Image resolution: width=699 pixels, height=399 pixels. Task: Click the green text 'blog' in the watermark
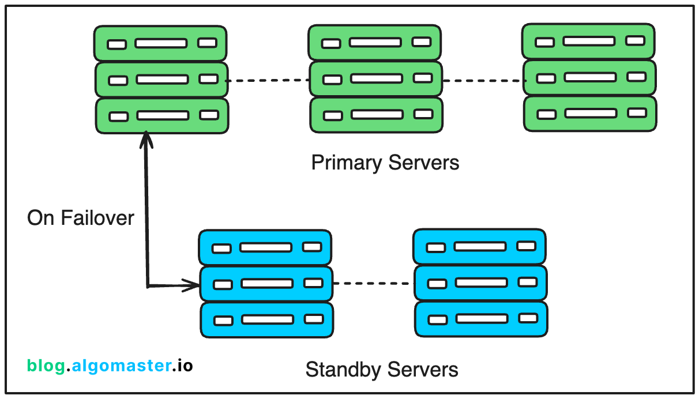point(46,365)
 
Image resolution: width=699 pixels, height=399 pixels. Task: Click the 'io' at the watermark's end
point(185,365)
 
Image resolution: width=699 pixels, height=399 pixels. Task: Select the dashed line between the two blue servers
point(374,283)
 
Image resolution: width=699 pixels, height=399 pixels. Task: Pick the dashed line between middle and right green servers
point(483,81)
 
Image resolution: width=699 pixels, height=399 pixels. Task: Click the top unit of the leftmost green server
point(161,43)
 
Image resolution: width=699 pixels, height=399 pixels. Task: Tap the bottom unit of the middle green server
point(376,115)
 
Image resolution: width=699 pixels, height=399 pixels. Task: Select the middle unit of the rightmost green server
point(589,77)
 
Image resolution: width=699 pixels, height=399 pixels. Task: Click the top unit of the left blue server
point(265,247)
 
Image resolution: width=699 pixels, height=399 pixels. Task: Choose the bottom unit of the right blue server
point(480,318)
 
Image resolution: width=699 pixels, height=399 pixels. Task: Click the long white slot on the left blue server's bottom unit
point(268,319)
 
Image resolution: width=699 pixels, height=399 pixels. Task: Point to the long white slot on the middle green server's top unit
point(375,43)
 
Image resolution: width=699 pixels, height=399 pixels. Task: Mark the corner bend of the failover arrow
point(148,285)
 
